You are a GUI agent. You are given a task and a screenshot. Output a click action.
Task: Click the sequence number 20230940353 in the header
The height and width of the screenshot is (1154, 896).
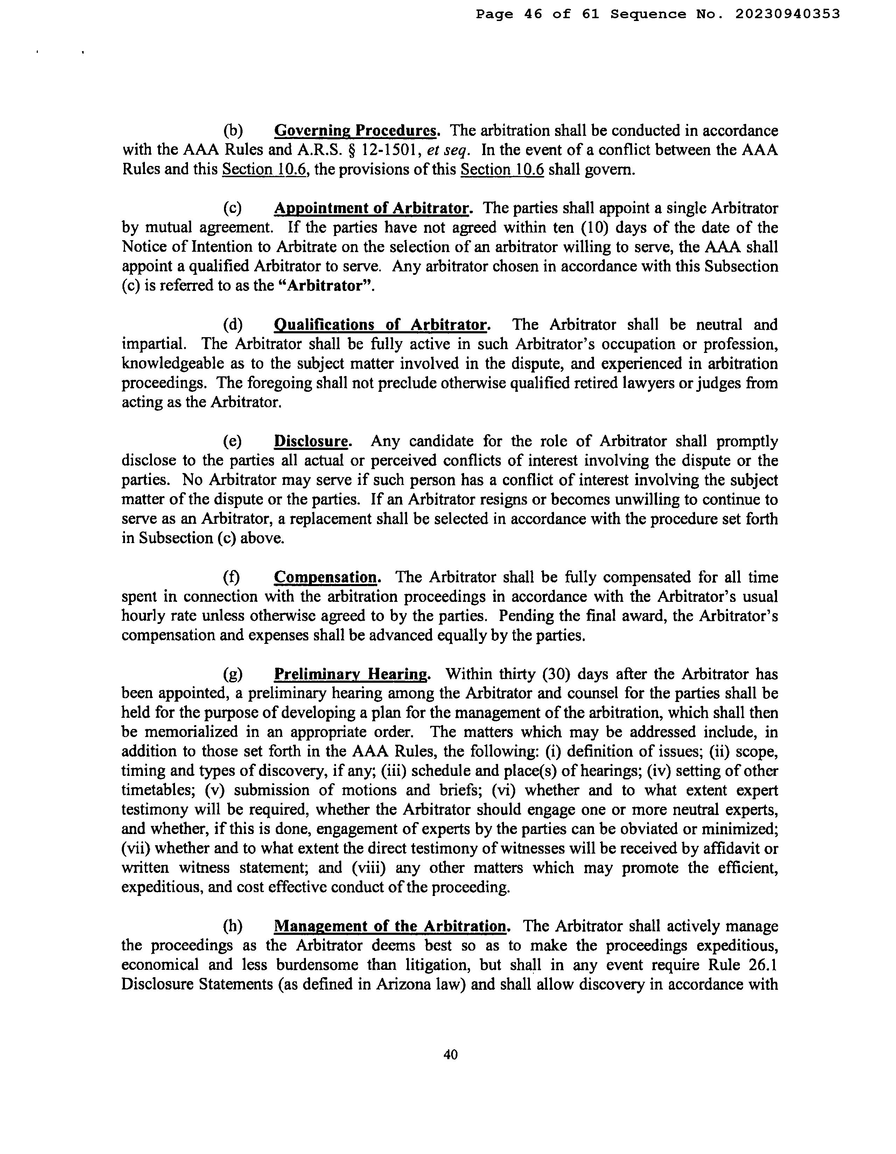(x=787, y=14)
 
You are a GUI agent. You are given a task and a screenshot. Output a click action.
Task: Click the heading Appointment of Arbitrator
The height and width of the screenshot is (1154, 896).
(x=372, y=208)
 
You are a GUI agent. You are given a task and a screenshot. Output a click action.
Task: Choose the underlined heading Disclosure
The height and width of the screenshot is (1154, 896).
(x=311, y=441)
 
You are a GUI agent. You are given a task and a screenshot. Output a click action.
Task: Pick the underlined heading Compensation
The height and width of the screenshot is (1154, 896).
(x=326, y=577)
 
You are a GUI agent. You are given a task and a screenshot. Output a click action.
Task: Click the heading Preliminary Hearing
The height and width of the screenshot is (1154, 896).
(x=351, y=674)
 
